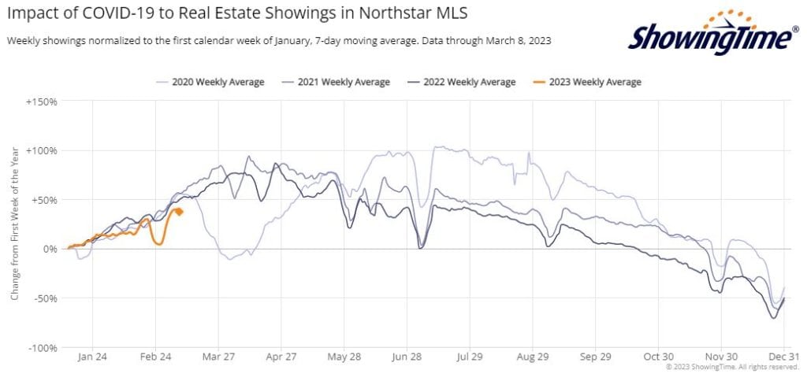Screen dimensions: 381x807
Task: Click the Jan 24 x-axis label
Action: (92, 357)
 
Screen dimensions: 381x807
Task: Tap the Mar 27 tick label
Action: (218, 357)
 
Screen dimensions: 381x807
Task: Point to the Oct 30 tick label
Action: (658, 357)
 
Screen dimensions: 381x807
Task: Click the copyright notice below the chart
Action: (732, 367)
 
